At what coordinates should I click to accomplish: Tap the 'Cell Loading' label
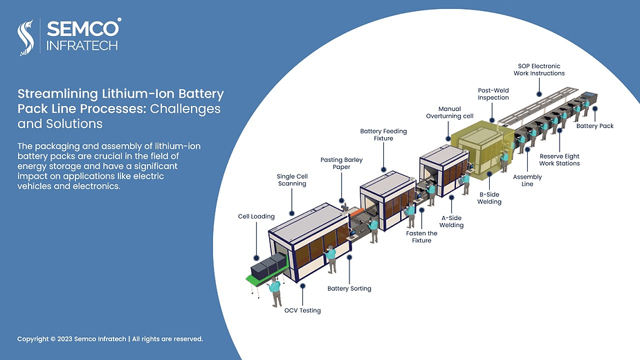(256, 217)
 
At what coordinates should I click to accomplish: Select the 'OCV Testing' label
(302, 310)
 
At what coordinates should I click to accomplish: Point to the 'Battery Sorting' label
(349, 288)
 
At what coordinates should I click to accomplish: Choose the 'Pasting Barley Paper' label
(341, 164)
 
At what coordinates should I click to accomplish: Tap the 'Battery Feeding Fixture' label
(383, 134)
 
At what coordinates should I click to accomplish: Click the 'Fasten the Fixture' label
(421, 237)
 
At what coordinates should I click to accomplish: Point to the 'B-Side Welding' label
(489, 198)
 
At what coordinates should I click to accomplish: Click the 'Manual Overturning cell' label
(449, 113)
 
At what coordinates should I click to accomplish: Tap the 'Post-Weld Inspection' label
(493, 94)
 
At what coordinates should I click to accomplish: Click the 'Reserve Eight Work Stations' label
(559, 160)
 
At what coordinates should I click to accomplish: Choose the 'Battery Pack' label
(594, 126)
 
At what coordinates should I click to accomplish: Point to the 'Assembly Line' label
(527, 180)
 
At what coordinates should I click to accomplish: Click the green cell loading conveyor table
(257, 276)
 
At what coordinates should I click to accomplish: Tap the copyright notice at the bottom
(110, 339)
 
